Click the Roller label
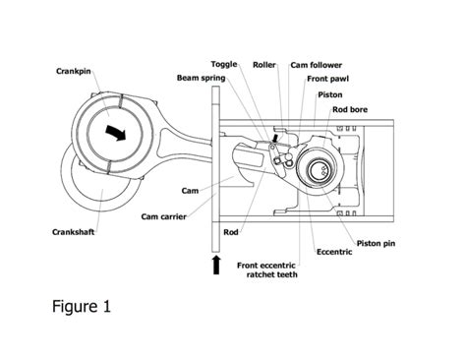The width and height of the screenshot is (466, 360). point(263,64)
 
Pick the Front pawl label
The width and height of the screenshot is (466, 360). point(323,80)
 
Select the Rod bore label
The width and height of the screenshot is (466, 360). point(351,110)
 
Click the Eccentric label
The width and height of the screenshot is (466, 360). point(333,252)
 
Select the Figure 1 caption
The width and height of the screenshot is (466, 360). point(81,306)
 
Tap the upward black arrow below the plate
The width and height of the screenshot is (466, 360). point(215,264)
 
